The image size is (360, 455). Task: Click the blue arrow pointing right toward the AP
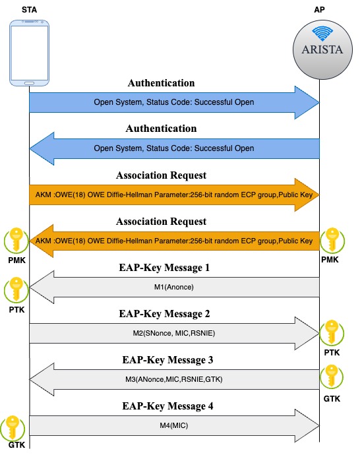pos(174,103)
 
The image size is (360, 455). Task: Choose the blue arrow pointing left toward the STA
pos(174,148)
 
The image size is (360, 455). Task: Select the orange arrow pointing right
pos(174,195)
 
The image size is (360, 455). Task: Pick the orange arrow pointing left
pos(174,241)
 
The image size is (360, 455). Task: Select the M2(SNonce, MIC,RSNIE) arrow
pos(174,333)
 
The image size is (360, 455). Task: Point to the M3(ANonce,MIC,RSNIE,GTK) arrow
pos(174,379)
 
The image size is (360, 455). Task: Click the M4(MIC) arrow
pos(174,425)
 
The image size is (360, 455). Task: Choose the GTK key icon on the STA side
pos(15,429)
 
